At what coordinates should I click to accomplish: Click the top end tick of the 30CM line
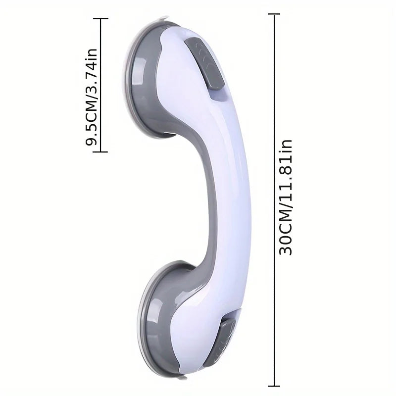(274, 15)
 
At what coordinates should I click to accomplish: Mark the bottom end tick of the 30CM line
(274, 383)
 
